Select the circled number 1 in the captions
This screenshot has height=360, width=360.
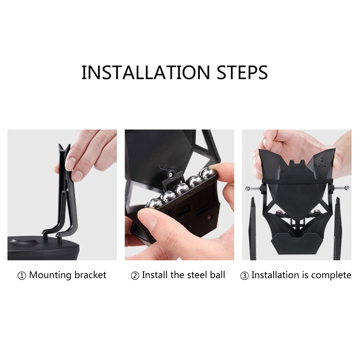(22, 276)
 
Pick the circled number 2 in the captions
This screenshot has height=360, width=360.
(135, 276)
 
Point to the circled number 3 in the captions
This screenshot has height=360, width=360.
(244, 276)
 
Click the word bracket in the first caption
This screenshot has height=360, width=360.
(90, 275)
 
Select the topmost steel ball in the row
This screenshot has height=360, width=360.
(208, 173)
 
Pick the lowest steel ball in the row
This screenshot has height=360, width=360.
(153, 203)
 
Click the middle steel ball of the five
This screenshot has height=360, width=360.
(181, 189)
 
